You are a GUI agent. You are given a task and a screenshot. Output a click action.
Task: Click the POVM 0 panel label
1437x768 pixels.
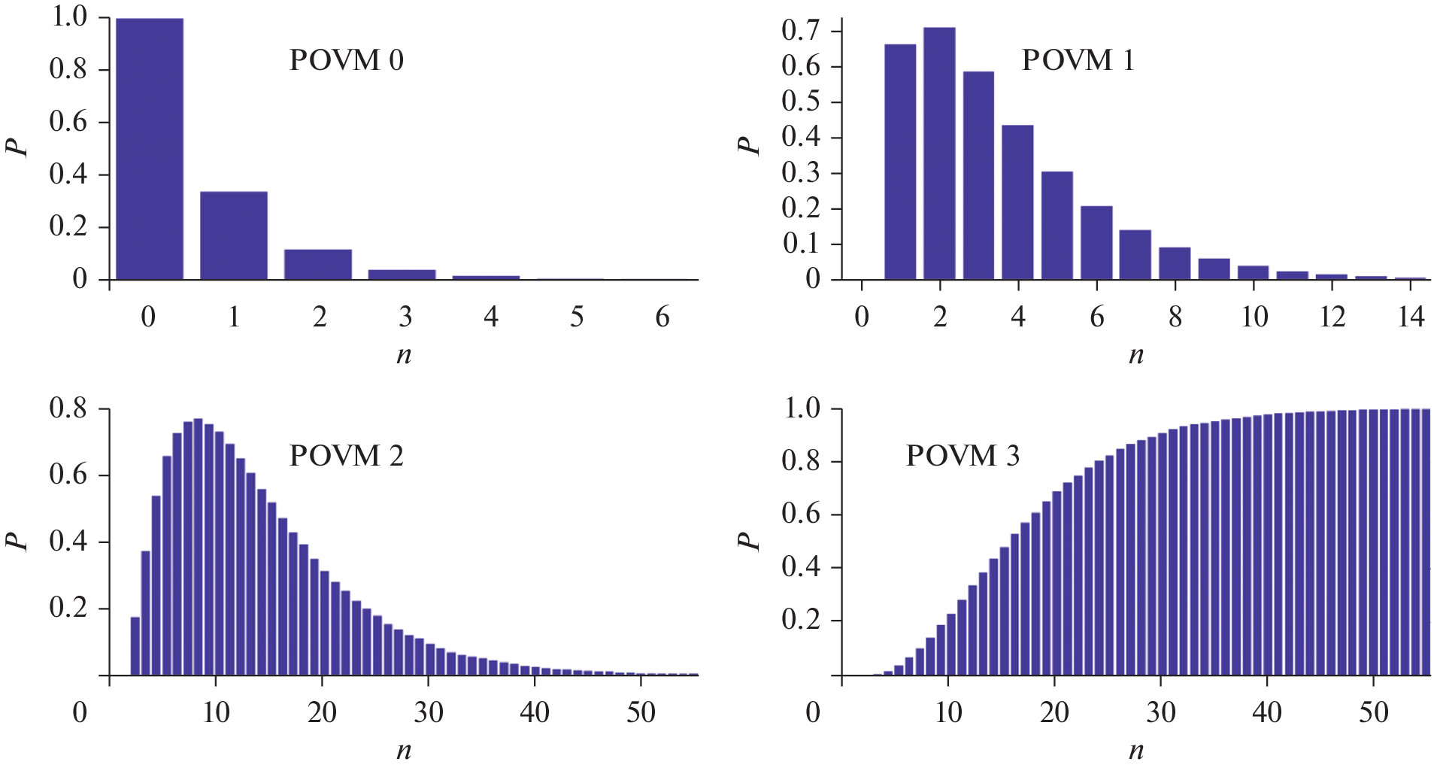pyautogui.click(x=346, y=60)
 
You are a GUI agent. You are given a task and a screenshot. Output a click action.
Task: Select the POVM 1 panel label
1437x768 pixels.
pyautogui.click(x=1077, y=60)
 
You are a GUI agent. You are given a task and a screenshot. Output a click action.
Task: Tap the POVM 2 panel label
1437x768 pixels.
pyautogui.click(x=346, y=456)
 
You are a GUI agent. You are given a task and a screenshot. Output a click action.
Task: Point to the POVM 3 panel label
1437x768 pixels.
pyautogui.click(x=962, y=456)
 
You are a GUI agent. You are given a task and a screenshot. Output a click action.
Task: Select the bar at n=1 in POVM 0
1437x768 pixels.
pyautogui.click(x=234, y=236)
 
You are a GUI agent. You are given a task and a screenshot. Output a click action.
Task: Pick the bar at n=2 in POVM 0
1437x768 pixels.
pyautogui.click(x=318, y=265)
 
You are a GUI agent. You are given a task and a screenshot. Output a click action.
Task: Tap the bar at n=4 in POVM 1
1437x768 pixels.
pyautogui.click(x=1017, y=202)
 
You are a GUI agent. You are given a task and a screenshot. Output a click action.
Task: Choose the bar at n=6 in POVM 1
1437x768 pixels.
pyautogui.click(x=1096, y=243)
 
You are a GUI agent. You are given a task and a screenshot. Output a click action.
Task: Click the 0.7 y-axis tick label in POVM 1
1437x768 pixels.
pyautogui.click(x=801, y=31)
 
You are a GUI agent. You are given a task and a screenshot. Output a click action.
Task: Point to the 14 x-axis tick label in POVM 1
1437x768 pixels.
pyautogui.click(x=1411, y=317)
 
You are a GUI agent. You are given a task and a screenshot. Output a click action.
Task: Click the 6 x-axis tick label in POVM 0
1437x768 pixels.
pyautogui.click(x=662, y=317)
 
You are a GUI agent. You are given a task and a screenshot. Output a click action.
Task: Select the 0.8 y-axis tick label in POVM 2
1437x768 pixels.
pyautogui.click(x=68, y=409)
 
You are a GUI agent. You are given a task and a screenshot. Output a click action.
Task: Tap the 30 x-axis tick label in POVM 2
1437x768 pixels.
pyautogui.click(x=429, y=712)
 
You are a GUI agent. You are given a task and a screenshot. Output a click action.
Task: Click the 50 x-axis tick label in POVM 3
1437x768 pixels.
pyautogui.click(x=1373, y=712)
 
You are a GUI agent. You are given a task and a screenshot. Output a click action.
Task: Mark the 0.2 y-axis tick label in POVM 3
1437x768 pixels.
pyautogui.click(x=801, y=620)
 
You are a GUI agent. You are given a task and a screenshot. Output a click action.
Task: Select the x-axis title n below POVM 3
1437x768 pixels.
pyautogui.click(x=1136, y=750)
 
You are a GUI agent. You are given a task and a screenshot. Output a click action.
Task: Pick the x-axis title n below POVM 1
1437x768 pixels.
pyautogui.click(x=1136, y=354)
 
